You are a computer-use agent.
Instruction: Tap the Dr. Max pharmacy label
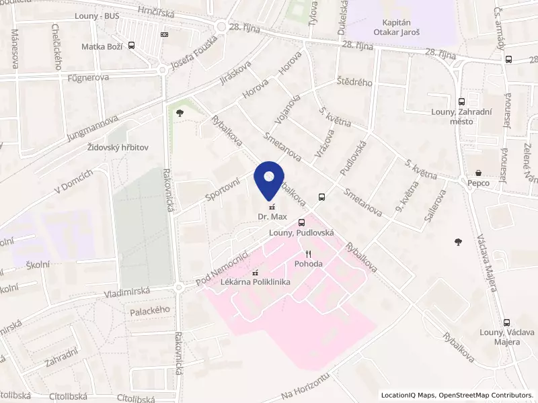pos(272,217)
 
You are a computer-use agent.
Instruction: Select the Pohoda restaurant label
pos(309,264)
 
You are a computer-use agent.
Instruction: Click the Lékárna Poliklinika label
pos(256,282)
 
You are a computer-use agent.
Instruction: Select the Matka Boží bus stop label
pos(100,46)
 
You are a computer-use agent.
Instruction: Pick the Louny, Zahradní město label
pos(460,116)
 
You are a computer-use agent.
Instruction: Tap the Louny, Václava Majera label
pos(507,337)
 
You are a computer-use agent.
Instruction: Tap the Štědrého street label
pos(354,83)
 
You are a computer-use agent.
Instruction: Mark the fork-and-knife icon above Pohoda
pos(309,254)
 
